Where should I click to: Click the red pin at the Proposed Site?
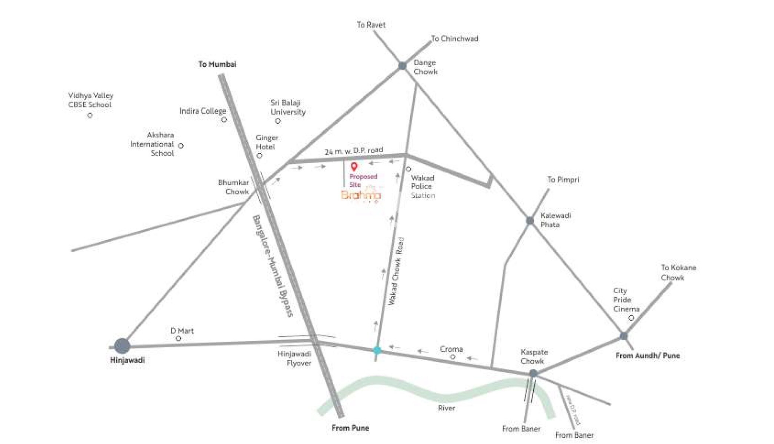point(354,166)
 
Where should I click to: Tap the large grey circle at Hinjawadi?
point(122,346)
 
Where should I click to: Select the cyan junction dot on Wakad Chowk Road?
point(377,350)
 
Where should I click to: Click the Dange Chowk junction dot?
point(402,66)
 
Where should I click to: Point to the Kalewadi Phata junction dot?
point(530,221)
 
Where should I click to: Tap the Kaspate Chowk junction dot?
point(533,374)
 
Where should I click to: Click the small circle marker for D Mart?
point(179,338)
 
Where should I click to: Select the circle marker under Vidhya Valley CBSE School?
point(90,116)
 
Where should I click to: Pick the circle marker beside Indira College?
point(224,120)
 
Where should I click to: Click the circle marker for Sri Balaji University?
point(278,121)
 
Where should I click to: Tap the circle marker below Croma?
point(453,357)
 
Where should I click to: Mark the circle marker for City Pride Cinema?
point(631,318)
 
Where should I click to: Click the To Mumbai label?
point(217,64)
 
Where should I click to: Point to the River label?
point(446,408)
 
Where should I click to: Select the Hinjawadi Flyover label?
point(294,358)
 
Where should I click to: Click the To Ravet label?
point(371,25)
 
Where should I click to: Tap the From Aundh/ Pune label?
point(647,356)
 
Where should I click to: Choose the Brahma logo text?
point(361,195)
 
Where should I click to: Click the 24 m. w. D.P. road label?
point(354,151)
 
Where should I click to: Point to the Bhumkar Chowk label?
point(234,187)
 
